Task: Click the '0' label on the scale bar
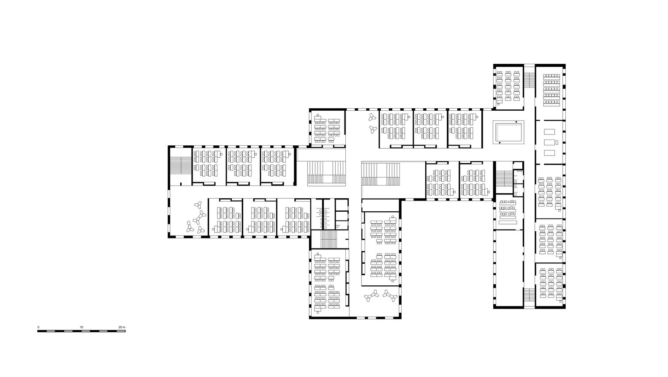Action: pyautogui.click(x=38, y=327)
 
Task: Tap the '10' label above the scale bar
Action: pyautogui.click(x=81, y=327)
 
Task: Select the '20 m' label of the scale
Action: pyautogui.click(x=122, y=327)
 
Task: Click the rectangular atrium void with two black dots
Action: pyautogui.click(x=508, y=133)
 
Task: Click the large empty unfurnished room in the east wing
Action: pyautogui.click(x=508, y=268)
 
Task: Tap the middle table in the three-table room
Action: pyautogui.click(x=549, y=142)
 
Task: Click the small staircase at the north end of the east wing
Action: pyautogui.click(x=530, y=79)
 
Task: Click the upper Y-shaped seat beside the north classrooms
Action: pyautogui.click(x=372, y=117)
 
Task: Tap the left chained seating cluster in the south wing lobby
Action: pyautogui.click(x=371, y=295)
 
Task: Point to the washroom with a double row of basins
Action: pyautogui.click(x=323, y=214)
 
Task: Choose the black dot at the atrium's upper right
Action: pyautogui.click(x=516, y=122)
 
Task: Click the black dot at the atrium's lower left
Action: pyautogui.click(x=500, y=143)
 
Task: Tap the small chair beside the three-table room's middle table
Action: pyautogui.click(x=557, y=142)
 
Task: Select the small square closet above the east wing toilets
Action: pyautogui.click(x=518, y=165)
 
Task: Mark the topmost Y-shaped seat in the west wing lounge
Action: pyautogui.click(x=198, y=205)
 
